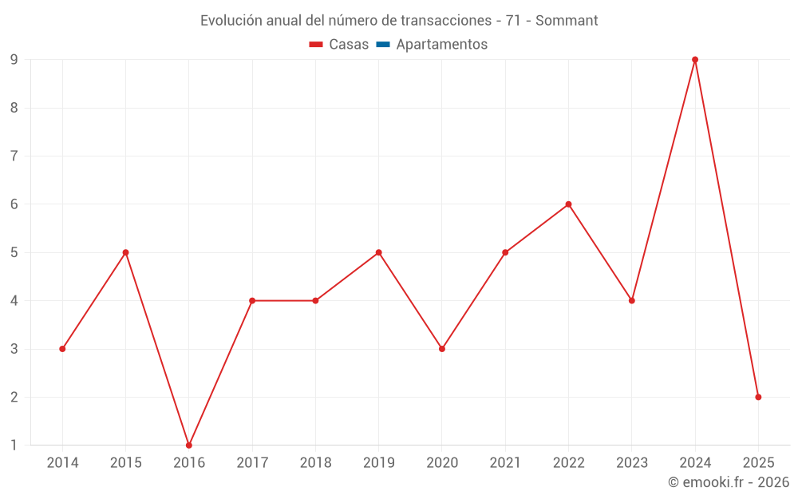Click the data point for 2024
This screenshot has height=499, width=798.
[695, 60]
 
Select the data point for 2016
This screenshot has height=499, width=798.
[189, 445]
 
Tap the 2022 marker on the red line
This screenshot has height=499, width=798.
[568, 204]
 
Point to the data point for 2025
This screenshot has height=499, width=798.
[758, 397]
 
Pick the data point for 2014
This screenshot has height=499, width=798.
[62, 349]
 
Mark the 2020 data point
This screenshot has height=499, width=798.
[442, 349]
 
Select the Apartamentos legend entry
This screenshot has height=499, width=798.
[441, 45]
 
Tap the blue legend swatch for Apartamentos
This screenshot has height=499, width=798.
[383, 45]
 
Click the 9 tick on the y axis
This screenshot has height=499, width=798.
[14, 60]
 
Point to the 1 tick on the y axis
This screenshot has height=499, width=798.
[14, 445]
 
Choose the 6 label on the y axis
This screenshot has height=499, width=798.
[14, 204]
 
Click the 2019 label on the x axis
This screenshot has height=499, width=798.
[379, 463]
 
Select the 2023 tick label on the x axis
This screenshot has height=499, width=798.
[632, 463]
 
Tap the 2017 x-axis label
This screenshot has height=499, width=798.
[252, 463]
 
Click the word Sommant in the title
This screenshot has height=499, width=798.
[567, 21]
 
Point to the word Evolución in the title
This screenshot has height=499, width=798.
[231, 21]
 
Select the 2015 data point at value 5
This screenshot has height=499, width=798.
[125, 252]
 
